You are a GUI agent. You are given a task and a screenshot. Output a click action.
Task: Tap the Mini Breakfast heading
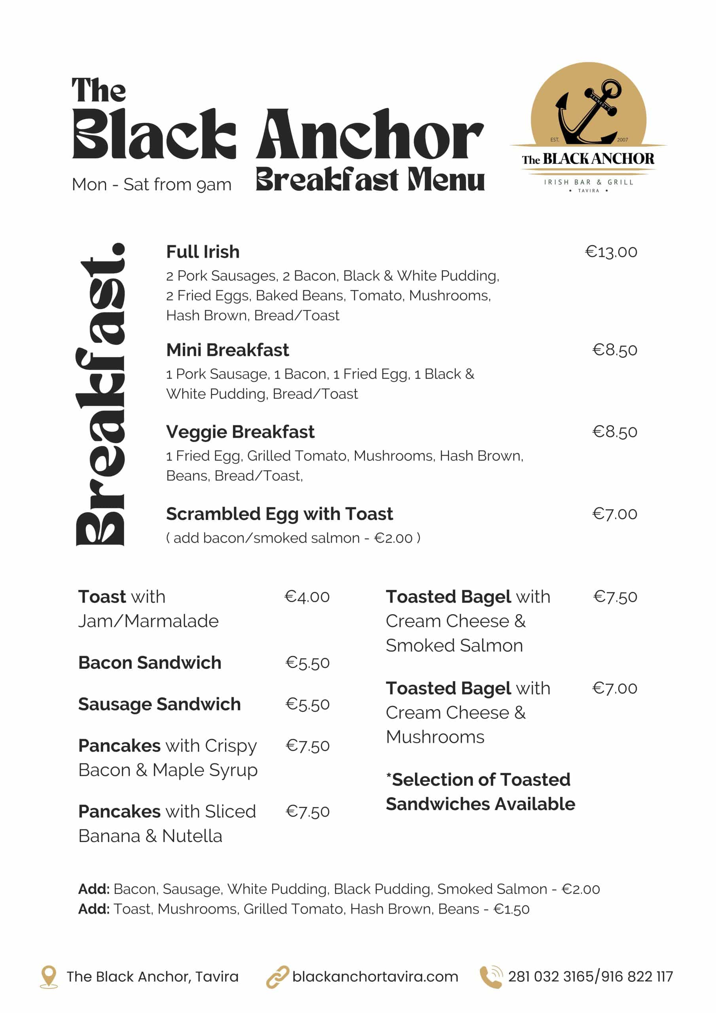tap(227, 350)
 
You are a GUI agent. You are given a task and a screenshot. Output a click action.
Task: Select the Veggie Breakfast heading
tap(240, 432)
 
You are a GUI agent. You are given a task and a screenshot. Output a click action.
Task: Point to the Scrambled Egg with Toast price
tap(614, 514)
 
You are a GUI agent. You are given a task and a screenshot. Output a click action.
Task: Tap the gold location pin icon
tap(49, 976)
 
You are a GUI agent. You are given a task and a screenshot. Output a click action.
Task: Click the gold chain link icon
tap(277, 976)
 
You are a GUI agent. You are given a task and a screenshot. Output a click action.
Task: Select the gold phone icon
tap(491, 976)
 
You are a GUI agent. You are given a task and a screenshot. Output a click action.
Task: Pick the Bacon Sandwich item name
tap(150, 663)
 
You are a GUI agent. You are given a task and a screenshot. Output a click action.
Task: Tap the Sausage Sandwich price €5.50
tap(307, 704)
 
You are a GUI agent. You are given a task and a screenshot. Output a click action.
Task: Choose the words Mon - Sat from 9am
tap(152, 184)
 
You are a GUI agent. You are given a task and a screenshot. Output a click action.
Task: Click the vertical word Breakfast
tap(100, 395)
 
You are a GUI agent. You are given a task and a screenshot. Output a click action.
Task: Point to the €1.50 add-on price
tap(511, 909)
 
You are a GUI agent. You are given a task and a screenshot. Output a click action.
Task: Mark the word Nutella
tap(192, 836)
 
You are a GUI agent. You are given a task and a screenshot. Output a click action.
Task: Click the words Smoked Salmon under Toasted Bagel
tap(454, 645)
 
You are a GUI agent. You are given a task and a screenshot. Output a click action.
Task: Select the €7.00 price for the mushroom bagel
tap(614, 688)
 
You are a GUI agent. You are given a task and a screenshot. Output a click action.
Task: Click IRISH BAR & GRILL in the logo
tap(589, 182)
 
